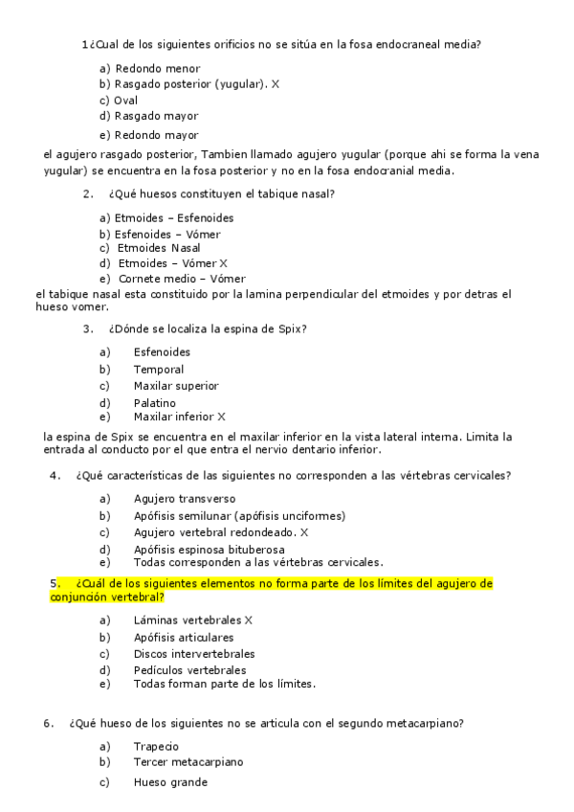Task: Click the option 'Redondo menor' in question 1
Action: [157, 68]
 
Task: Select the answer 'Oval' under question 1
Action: [125, 100]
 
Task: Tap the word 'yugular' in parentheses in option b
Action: [239, 84]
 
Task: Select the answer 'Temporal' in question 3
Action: [159, 369]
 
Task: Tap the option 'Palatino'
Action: [155, 403]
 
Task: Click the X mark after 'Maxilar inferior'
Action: [221, 417]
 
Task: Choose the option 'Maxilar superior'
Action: [176, 386]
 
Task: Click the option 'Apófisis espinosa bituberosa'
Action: [209, 549]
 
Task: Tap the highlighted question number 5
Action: [55, 583]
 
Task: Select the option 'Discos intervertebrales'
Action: [194, 654]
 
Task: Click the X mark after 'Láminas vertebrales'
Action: [248, 620]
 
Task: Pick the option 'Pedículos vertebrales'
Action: [189, 670]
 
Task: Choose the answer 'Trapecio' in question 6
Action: [157, 746]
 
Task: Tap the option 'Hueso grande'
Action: [170, 782]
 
